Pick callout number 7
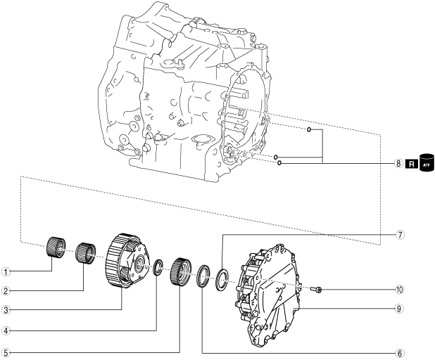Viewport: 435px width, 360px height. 400,235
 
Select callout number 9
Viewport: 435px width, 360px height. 400,308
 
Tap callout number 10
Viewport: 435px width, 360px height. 400,289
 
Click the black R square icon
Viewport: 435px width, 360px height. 412,163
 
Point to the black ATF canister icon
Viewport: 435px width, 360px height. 425,163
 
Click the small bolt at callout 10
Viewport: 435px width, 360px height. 317,289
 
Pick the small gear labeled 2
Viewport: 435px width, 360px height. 85,251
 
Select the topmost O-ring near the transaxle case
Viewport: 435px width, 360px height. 309,129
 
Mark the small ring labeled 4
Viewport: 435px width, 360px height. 158,266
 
